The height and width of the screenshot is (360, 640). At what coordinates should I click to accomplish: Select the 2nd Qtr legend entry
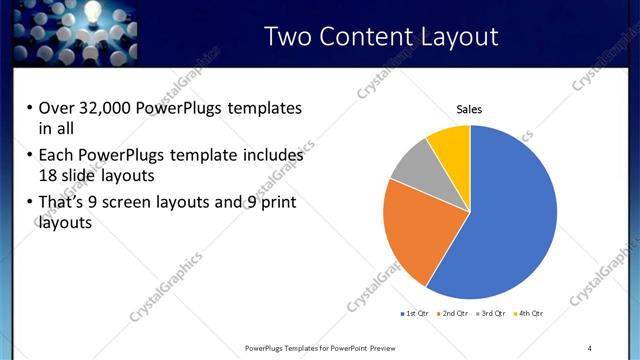[455, 313]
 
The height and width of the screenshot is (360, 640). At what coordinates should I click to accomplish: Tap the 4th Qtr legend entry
[530, 313]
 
